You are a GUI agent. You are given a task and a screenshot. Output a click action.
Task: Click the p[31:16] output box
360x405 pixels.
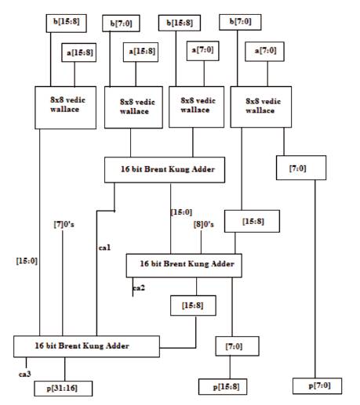(x=63, y=389)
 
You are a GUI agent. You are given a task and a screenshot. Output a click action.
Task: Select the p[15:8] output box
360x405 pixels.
(x=223, y=386)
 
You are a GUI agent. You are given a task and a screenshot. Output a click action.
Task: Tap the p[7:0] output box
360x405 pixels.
(x=317, y=385)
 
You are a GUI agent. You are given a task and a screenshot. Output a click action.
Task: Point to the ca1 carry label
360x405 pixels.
(x=104, y=248)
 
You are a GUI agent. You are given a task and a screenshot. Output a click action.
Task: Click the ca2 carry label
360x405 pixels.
(x=139, y=287)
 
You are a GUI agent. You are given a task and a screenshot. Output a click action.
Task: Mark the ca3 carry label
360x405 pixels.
(x=25, y=374)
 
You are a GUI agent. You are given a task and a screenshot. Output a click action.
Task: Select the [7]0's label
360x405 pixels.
(x=64, y=224)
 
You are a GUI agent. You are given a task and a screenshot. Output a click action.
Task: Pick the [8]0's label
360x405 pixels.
(x=203, y=224)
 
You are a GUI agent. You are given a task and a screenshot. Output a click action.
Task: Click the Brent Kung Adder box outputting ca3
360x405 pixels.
(x=86, y=346)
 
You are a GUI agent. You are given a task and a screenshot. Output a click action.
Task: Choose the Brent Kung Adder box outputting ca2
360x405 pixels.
(x=184, y=266)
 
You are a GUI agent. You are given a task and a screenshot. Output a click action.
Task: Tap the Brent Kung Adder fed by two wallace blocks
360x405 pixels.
(x=165, y=169)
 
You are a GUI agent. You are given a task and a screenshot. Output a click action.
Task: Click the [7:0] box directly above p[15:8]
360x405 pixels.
(x=237, y=346)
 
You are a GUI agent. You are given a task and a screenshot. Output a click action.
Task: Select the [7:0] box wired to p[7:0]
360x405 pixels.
(x=301, y=168)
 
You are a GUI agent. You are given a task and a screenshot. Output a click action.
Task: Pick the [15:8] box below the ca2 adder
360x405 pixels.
(x=193, y=306)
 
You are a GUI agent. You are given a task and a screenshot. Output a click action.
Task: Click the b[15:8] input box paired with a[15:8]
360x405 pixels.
(x=66, y=24)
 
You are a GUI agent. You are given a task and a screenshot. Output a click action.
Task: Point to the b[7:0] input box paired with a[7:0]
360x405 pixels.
(x=240, y=22)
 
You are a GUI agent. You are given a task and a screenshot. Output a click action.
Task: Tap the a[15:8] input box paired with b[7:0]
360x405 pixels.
(x=140, y=52)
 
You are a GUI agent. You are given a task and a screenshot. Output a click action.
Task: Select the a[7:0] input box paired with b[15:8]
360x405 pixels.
(x=202, y=51)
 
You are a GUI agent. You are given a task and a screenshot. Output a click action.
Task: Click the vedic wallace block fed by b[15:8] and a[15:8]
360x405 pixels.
(x=65, y=107)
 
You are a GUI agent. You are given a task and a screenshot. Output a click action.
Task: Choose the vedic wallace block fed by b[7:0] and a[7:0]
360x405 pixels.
(x=261, y=107)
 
